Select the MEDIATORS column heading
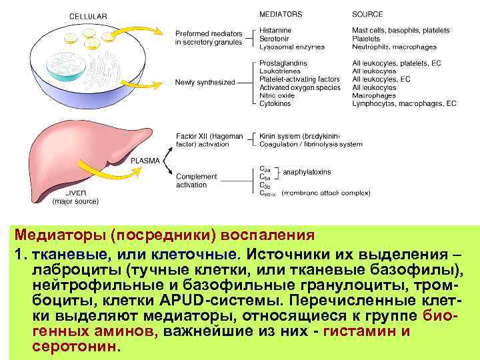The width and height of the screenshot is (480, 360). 281,14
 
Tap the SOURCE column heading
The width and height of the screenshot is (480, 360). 367,14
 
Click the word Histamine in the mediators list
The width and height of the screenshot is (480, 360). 275,31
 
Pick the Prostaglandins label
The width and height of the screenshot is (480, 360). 283,63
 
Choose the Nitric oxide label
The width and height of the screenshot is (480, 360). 277,96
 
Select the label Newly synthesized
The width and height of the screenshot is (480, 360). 205,83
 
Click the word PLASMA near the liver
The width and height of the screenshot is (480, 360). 145,161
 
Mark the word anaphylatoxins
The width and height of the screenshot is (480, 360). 307,172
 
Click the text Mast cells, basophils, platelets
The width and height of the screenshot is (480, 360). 401,31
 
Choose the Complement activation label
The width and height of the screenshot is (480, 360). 196,181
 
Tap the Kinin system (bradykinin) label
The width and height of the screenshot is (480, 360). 299,136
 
